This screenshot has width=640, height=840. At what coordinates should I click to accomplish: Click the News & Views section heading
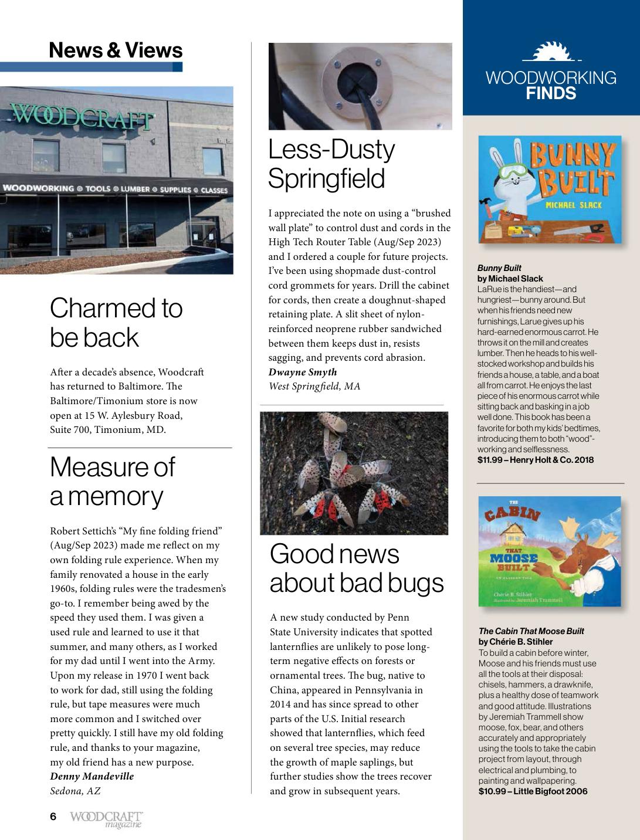(116, 50)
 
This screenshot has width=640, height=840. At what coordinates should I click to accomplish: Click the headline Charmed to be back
(116, 323)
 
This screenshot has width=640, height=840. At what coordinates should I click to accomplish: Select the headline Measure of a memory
(112, 481)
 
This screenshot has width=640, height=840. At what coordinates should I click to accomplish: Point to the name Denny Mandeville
(92, 776)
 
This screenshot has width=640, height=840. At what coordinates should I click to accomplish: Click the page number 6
(53, 817)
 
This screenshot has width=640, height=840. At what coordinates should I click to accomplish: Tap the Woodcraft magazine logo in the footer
(106, 819)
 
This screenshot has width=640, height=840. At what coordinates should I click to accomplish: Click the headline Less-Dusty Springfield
(331, 164)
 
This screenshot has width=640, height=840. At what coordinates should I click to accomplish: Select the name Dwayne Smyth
(303, 372)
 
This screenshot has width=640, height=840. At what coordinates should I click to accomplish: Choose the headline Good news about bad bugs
(357, 568)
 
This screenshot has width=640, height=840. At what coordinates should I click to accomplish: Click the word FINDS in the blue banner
(551, 94)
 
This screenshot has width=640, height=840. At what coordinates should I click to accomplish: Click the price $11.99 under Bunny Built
(490, 460)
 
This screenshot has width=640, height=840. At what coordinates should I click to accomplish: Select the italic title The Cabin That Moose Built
(531, 631)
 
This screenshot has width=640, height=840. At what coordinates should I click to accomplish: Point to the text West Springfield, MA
(314, 386)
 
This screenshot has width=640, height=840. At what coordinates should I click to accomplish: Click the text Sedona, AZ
(75, 791)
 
